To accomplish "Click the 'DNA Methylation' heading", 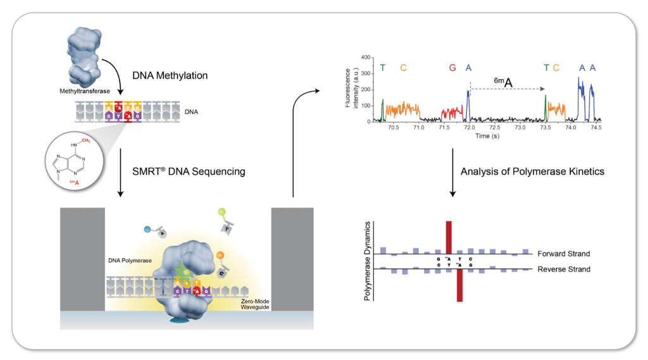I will coord(170,75).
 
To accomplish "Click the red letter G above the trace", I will coord(452,68).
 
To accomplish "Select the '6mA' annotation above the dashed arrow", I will coord(502,81).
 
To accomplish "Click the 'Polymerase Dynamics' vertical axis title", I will coord(367,261).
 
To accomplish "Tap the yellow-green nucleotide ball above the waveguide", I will coord(220,211).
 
